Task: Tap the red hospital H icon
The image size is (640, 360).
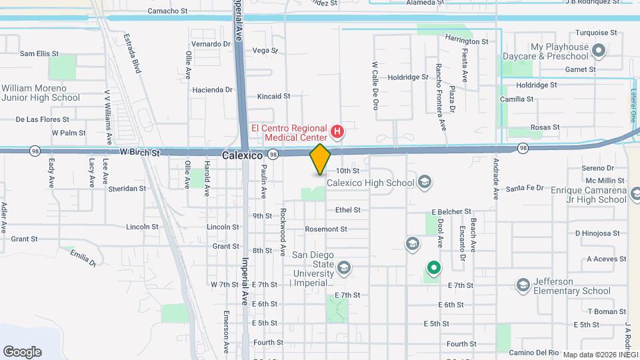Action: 337,131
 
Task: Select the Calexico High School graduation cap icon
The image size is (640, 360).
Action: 425,182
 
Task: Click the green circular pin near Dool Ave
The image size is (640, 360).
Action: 433,269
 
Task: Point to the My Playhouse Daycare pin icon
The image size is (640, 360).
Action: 599,50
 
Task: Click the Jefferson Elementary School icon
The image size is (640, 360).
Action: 523,285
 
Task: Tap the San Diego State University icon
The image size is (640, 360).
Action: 343,268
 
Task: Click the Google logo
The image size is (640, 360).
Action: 22,351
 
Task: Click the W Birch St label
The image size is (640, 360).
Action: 141,153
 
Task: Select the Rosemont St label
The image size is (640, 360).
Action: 326,229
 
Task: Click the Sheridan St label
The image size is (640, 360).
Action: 127,189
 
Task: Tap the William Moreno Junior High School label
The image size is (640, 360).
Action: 40,93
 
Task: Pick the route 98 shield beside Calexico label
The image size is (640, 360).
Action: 273,154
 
